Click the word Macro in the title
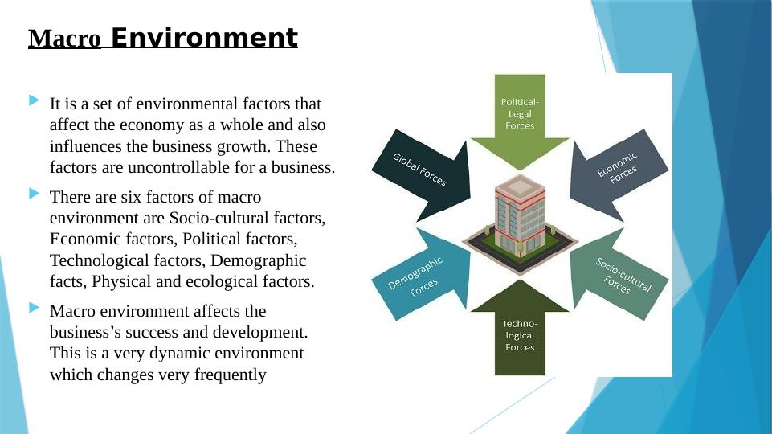coord(64,39)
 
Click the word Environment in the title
coord(204,38)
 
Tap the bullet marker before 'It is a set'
coord(34,100)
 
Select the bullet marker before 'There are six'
coord(34,194)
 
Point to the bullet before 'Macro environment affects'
coord(34,308)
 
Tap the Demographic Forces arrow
coord(421,274)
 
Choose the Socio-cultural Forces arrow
coord(619,274)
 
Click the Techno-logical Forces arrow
coord(520,328)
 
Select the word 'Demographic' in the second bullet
coord(259,260)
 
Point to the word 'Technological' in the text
coord(100,260)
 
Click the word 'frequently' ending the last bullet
coord(230,375)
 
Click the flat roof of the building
coord(520,185)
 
